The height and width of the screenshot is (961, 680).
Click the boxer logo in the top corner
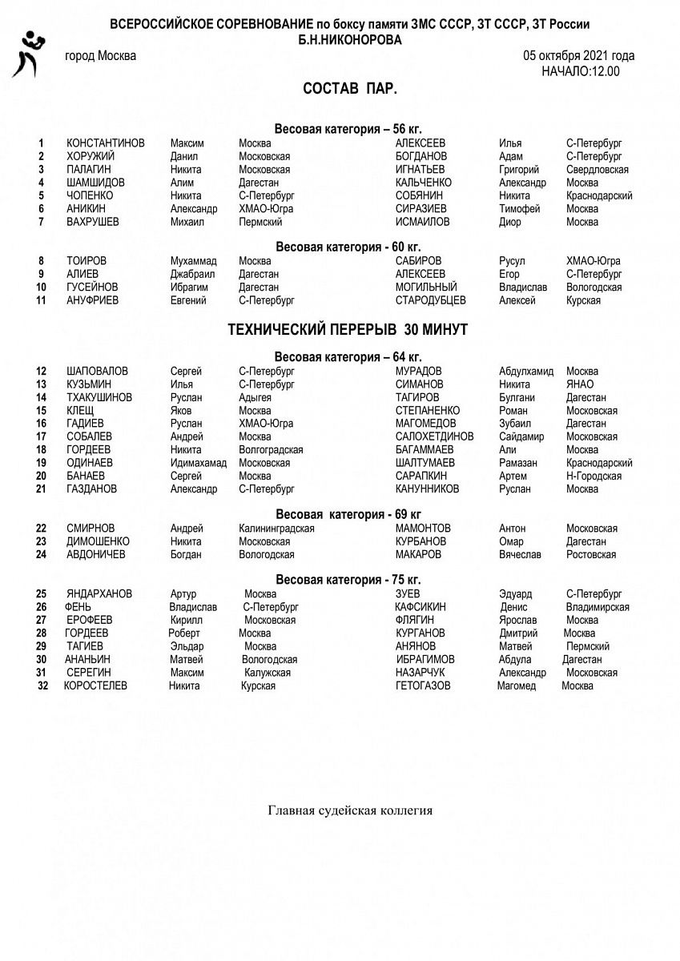(26, 54)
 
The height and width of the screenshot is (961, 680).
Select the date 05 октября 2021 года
(579, 56)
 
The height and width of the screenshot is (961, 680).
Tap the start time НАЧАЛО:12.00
(580, 70)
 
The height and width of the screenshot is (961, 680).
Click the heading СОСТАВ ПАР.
(350, 88)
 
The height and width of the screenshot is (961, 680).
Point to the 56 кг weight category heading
(348, 128)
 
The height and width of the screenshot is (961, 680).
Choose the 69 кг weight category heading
(348, 513)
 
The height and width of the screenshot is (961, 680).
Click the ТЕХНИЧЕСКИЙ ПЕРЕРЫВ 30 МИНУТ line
(348, 330)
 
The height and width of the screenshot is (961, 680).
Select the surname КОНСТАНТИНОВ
(106, 143)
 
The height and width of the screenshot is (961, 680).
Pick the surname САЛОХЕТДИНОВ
(435, 436)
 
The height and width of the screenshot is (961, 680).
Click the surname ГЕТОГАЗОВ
(423, 686)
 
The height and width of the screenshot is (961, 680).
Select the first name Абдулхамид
(526, 372)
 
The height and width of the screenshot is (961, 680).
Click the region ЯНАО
(580, 384)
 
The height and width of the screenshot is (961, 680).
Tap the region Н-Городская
(593, 476)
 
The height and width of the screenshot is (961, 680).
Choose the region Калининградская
(276, 529)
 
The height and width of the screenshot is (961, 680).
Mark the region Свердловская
(597, 170)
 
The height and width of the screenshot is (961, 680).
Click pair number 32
(43, 686)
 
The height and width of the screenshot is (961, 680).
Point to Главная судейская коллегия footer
(350, 810)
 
